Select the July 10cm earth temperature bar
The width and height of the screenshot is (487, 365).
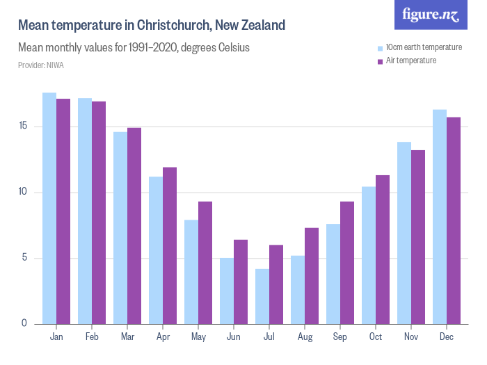coord(262,296)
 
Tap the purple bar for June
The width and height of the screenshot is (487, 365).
coord(241,282)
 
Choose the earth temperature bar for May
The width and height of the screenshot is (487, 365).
coord(191,272)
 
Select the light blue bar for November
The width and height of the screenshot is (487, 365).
coord(404,233)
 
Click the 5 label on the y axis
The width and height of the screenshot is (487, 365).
coord(24,259)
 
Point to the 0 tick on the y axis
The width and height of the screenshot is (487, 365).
coord(24,324)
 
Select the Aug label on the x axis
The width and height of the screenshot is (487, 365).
coord(305,337)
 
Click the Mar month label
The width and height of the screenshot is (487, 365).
coord(127,337)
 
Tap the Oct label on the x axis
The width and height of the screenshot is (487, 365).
coord(376,337)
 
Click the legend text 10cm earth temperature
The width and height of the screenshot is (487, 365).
coord(424,47)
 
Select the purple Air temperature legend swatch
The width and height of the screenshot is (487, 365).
coord(380,61)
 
